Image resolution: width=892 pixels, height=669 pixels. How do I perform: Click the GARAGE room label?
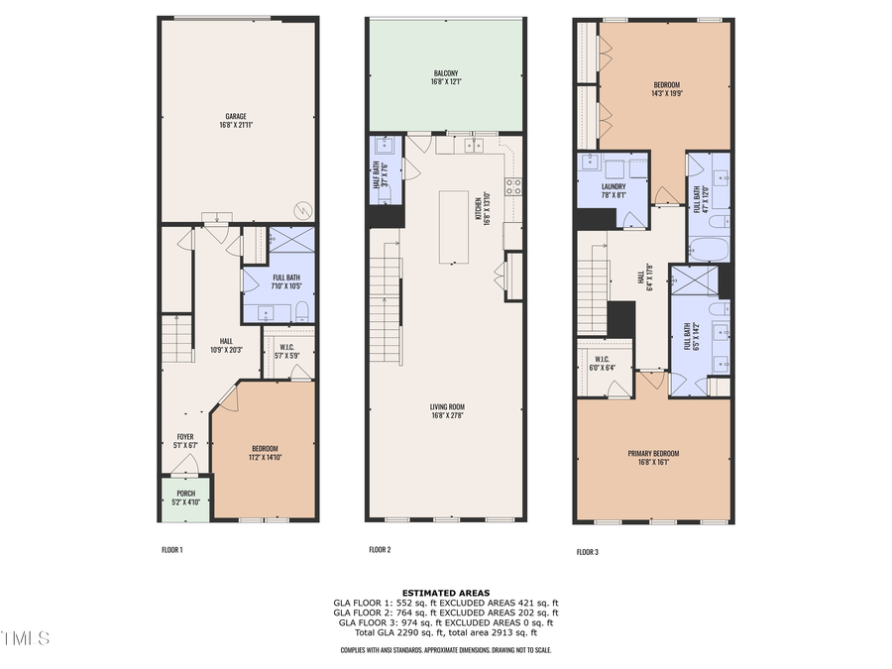pyautogui.click(x=235, y=116)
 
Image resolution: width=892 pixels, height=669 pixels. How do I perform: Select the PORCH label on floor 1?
pyautogui.click(x=185, y=493)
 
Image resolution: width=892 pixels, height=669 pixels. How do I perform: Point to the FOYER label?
pyautogui.click(x=185, y=437)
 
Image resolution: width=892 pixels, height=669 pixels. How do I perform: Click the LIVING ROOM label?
pyautogui.click(x=447, y=406)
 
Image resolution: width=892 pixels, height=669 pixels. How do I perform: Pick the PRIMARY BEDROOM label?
pyautogui.click(x=652, y=454)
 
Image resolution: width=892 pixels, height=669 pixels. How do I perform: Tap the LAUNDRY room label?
pyautogui.click(x=613, y=186)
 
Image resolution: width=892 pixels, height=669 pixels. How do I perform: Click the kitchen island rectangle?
pyautogui.click(x=455, y=227)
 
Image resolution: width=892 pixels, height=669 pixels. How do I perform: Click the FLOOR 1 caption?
pyautogui.click(x=172, y=549)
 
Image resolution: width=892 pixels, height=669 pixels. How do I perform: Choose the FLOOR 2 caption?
pyautogui.click(x=380, y=549)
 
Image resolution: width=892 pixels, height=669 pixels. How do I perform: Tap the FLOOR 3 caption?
pyautogui.click(x=588, y=552)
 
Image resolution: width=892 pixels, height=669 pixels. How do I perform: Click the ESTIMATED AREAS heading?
pyautogui.click(x=445, y=592)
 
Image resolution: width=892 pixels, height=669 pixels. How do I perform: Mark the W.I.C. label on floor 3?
pyautogui.click(x=602, y=359)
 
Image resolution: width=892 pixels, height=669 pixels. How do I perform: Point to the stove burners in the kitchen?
pyautogui.click(x=514, y=184)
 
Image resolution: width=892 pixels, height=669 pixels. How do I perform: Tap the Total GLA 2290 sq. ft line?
pyautogui.click(x=445, y=631)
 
